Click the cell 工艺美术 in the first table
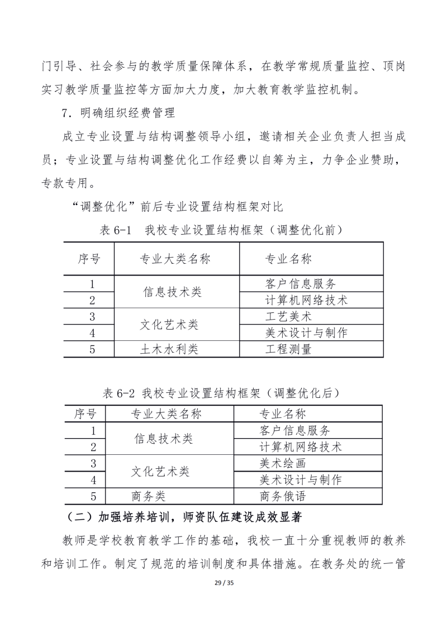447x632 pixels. (x=288, y=316)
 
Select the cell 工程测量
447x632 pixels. (x=288, y=350)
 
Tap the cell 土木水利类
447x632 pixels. (x=169, y=350)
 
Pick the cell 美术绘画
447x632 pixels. (x=283, y=463)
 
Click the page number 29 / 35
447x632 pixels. (x=223, y=597)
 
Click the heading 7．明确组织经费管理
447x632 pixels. (x=118, y=113)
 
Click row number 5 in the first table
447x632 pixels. (x=92, y=350)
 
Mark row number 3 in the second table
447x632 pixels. (x=93, y=463)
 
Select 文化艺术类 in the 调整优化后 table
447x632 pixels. (x=160, y=471)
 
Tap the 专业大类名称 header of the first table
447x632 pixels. (x=175, y=259)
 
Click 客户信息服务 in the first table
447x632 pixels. (x=301, y=283)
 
